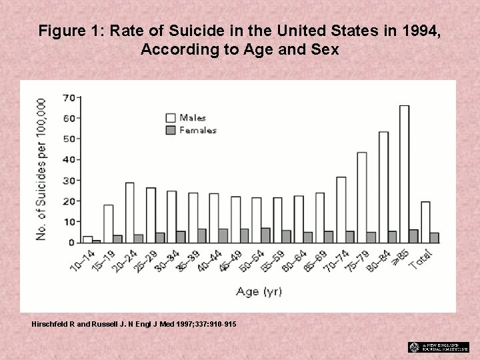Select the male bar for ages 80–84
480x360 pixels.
point(383,187)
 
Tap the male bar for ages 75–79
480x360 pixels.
point(362,197)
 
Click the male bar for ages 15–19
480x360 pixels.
point(109,224)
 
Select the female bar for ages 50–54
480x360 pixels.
point(265,235)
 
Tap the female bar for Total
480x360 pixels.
point(435,237)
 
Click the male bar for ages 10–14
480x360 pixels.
point(87,239)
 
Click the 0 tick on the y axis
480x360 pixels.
point(71,243)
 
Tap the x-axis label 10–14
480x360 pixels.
point(81,259)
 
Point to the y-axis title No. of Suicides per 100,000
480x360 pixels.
point(41,169)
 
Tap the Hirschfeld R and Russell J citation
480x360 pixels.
point(133,323)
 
